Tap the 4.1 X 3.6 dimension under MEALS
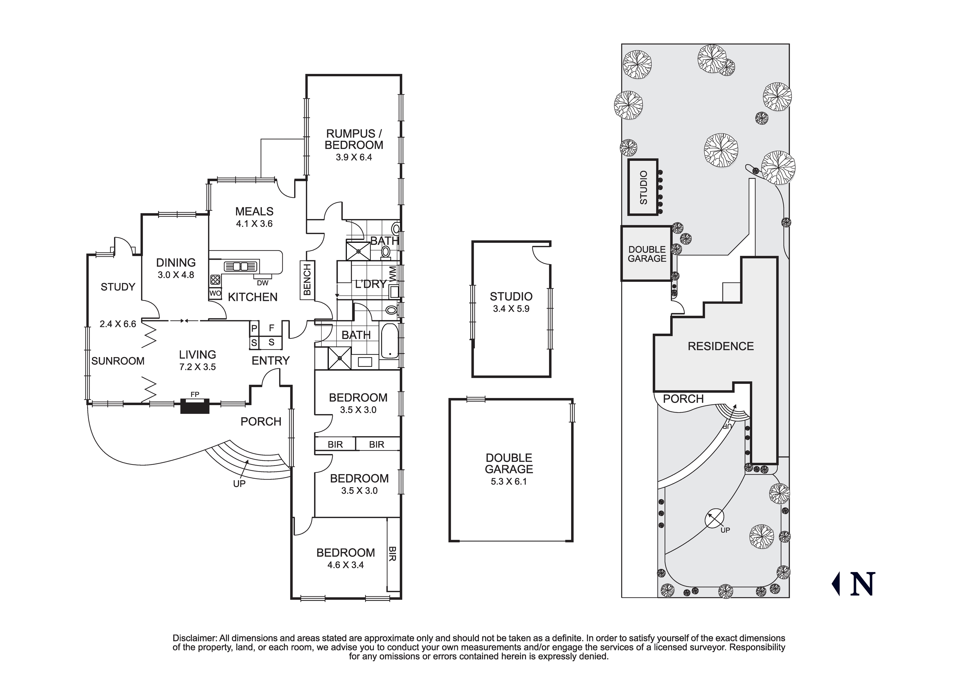tap(254, 224)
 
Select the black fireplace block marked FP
tap(195, 405)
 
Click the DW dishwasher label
tap(263, 283)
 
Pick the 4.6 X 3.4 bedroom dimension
tap(345, 565)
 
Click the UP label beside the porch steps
tap(239, 483)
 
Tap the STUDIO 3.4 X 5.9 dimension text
tap(511, 309)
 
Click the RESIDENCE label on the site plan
tap(721, 346)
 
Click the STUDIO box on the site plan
tap(643, 187)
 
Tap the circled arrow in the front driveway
tap(714, 519)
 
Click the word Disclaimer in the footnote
tap(194, 638)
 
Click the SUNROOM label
tap(118, 361)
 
